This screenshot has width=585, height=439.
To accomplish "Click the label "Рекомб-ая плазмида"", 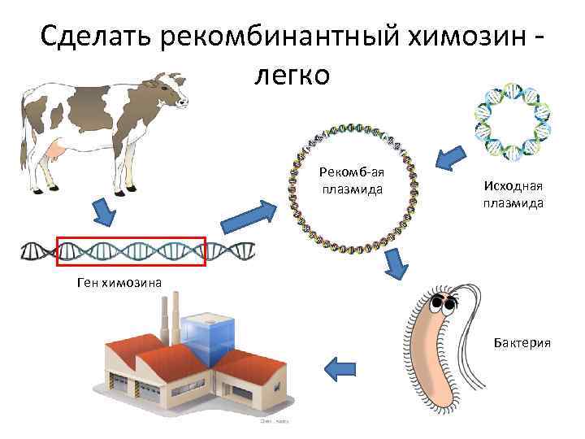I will tap(352, 180).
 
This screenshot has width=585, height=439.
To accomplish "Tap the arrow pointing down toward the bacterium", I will tap(396, 264).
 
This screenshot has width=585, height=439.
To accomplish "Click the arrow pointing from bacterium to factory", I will tap(341, 368).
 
